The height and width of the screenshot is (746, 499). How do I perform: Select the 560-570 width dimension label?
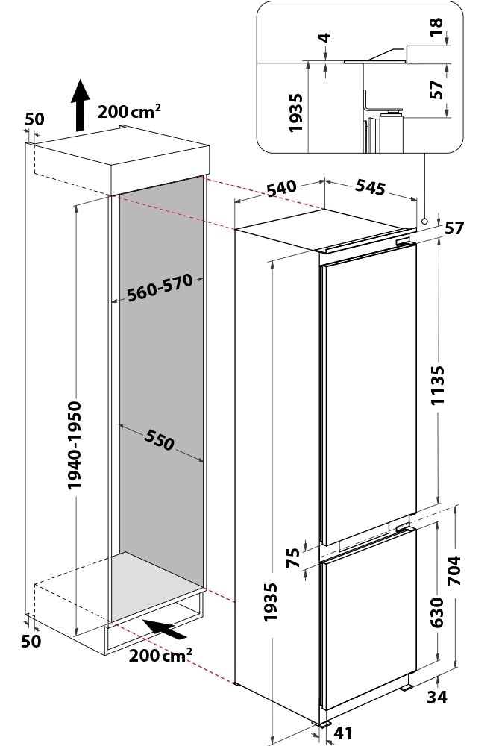click(x=160, y=287)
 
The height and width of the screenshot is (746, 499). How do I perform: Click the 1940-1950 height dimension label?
click(x=74, y=445)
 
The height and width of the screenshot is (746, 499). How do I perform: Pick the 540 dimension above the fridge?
click(x=282, y=189)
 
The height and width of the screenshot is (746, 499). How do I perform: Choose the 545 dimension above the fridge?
click(x=371, y=187)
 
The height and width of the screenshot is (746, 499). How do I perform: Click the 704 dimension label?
click(x=454, y=571)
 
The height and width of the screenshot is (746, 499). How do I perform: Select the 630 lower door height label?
click(x=436, y=612)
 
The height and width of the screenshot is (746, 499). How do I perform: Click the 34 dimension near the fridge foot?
click(x=436, y=698)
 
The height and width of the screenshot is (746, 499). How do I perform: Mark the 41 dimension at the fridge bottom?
click(x=343, y=733)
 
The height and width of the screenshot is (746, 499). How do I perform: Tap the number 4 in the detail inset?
click(x=326, y=37)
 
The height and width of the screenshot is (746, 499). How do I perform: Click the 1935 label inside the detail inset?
click(x=295, y=113)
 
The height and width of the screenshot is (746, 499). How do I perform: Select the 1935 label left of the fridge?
click(x=270, y=602)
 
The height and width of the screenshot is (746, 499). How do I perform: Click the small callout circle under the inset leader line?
click(x=424, y=221)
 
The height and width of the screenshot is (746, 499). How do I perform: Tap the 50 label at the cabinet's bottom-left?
click(x=31, y=642)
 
